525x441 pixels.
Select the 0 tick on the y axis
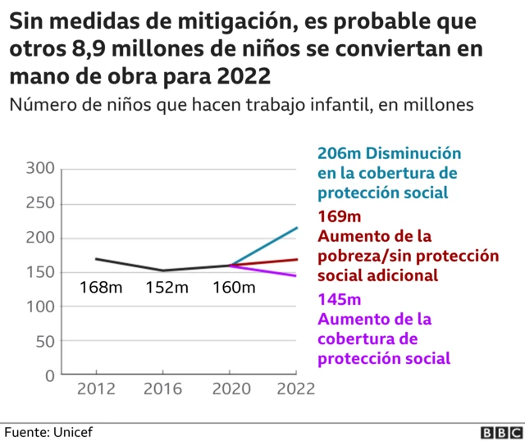(x=48, y=375)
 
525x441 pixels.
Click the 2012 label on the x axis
(x=96, y=389)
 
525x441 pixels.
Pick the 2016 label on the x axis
(x=162, y=389)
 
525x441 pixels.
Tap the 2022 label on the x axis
(x=295, y=389)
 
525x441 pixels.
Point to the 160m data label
(x=234, y=288)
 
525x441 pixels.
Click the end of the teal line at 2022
(x=297, y=228)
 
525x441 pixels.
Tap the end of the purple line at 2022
(x=297, y=276)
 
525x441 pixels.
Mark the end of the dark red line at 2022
(x=297, y=259)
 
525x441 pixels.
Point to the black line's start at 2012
(x=97, y=259)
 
